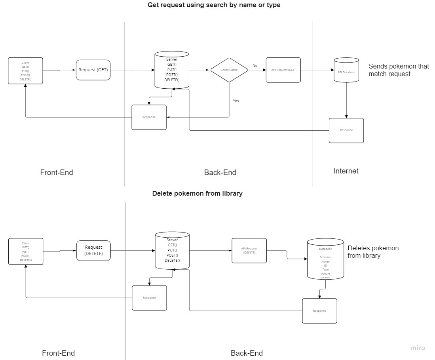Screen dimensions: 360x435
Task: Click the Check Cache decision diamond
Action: pos(229,70)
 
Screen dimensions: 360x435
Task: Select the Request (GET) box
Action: pos(93,70)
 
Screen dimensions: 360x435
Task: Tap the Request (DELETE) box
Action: pos(93,251)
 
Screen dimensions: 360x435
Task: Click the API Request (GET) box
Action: pos(283,70)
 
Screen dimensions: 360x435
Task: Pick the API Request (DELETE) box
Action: pos(249,251)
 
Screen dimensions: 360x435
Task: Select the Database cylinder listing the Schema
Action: pos(325,259)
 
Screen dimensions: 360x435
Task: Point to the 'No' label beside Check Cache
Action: pos(255,65)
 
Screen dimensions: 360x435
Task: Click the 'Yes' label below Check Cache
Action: pos(236,101)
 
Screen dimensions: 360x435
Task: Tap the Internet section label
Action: pos(346,171)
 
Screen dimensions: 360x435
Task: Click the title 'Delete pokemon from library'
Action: pos(197,194)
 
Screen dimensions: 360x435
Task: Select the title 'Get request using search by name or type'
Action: pos(214,5)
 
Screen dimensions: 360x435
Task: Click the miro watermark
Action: pos(418,348)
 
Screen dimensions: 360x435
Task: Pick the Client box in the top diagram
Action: pos(25,71)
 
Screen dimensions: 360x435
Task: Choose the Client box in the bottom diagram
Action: pos(26,251)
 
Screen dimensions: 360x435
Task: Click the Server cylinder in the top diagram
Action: pos(172,70)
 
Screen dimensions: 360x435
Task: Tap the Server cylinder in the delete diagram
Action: pos(172,251)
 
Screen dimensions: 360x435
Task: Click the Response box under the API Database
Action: pos(346,130)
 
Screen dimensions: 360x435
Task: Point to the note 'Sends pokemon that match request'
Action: pos(399,70)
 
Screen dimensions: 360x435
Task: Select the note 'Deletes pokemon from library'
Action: pos(373,252)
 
